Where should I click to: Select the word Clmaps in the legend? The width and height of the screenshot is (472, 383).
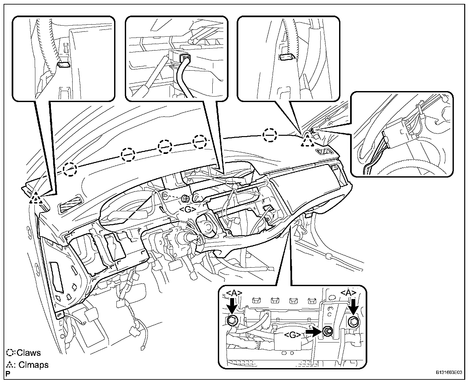pos(33,365)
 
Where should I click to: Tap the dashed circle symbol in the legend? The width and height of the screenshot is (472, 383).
pos(11,353)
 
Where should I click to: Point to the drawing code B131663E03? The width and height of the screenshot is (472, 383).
pos(448,373)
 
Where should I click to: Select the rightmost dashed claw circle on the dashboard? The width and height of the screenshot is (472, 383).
pos(270,135)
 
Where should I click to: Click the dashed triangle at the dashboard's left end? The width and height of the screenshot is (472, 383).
pos(36,197)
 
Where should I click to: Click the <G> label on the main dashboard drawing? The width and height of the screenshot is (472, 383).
pos(187,210)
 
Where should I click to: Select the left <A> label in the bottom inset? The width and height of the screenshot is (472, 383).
pos(233,293)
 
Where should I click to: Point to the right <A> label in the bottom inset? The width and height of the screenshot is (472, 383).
pos(348,293)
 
